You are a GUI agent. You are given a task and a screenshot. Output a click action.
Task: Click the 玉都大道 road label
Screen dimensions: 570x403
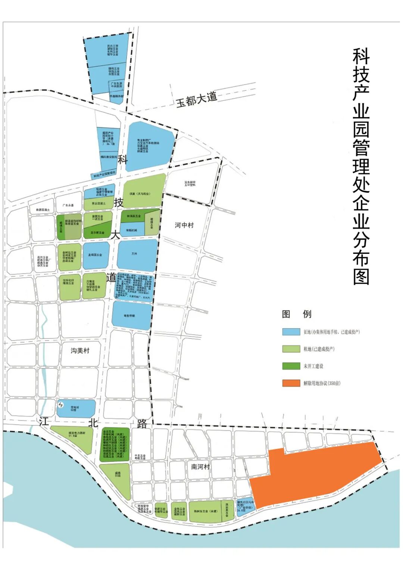(196, 99)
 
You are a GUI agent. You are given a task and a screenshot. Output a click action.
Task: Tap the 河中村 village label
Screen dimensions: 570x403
(184, 225)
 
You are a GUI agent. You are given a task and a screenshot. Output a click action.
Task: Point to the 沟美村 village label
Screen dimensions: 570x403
(80, 351)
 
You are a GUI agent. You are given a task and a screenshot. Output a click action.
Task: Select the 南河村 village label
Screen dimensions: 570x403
(200, 467)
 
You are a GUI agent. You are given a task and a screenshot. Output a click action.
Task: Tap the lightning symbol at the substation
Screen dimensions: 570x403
(61, 405)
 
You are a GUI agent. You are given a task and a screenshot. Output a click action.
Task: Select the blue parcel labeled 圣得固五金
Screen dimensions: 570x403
(96, 255)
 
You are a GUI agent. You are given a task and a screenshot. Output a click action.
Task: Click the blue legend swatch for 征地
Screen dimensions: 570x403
(291, 331)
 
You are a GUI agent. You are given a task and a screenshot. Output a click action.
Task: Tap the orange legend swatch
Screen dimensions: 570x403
(291, 383)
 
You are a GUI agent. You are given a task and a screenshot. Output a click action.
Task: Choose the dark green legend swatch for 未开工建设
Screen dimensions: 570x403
(291, 366)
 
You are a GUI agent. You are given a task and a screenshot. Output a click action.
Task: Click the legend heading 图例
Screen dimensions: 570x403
(297, 314)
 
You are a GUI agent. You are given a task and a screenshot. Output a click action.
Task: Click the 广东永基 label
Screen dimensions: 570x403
(68, 205)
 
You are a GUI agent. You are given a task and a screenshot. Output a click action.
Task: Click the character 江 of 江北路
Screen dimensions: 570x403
(44, 422)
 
